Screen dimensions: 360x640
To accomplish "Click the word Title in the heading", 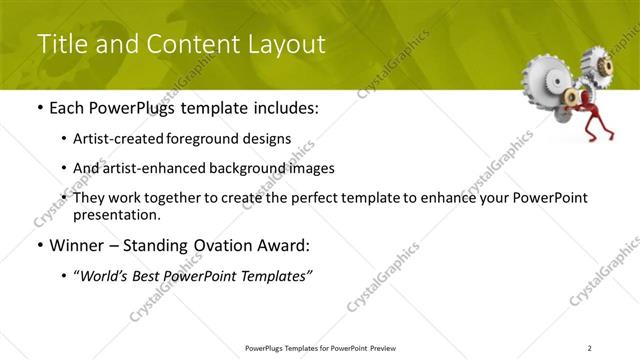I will (62, 44).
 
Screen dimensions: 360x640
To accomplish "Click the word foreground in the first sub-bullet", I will (211, 139).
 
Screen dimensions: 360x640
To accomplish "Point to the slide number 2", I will (590, 348).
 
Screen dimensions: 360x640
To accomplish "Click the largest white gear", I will (547, 76).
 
